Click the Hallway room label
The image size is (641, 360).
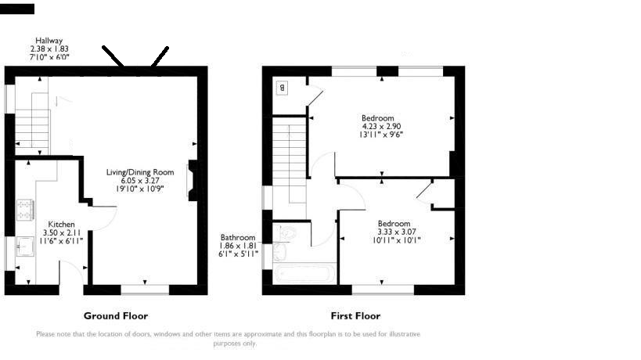pos(49,41)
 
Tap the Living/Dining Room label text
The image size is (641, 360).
pos(140,172)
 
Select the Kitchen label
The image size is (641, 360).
pos(61,225)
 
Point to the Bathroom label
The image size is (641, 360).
pos(238,237)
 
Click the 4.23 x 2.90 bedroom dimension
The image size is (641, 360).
pos(381,126)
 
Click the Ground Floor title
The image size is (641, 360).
pos(116,316)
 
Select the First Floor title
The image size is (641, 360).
pos(355,316)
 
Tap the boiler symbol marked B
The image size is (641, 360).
pos(282,88)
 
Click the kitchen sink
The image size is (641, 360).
pos(25,247)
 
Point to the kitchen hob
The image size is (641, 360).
pos(25,210)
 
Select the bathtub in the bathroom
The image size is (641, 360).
pos(304,273)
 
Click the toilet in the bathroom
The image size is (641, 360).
pos(289,232)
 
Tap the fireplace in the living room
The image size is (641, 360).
pos(192,180)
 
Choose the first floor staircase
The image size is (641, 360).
pos(290,164)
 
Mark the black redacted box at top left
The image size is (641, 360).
pos(17,9)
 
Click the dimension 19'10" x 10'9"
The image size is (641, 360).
pos(140,189)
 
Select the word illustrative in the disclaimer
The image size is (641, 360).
pos(405,334)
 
